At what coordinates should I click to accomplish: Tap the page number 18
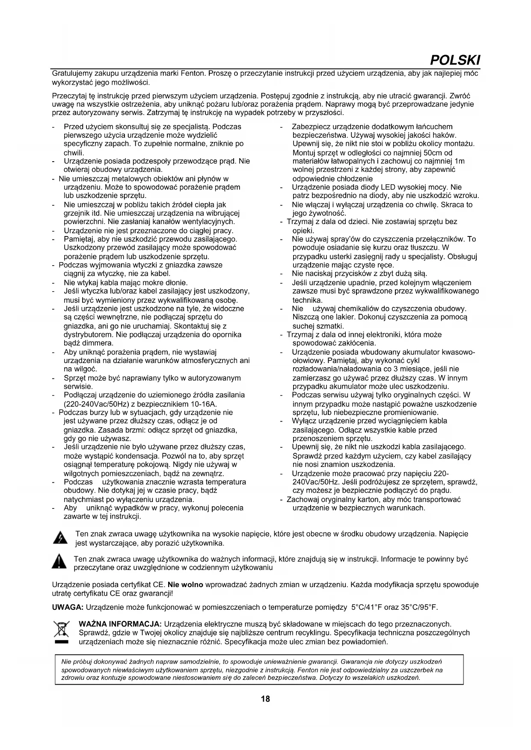[x=265, y=699]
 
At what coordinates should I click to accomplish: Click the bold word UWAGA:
[x=68, y=607]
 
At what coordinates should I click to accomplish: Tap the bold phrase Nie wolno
[x=186, y=585]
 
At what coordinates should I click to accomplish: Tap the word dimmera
[x=98, y=343]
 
